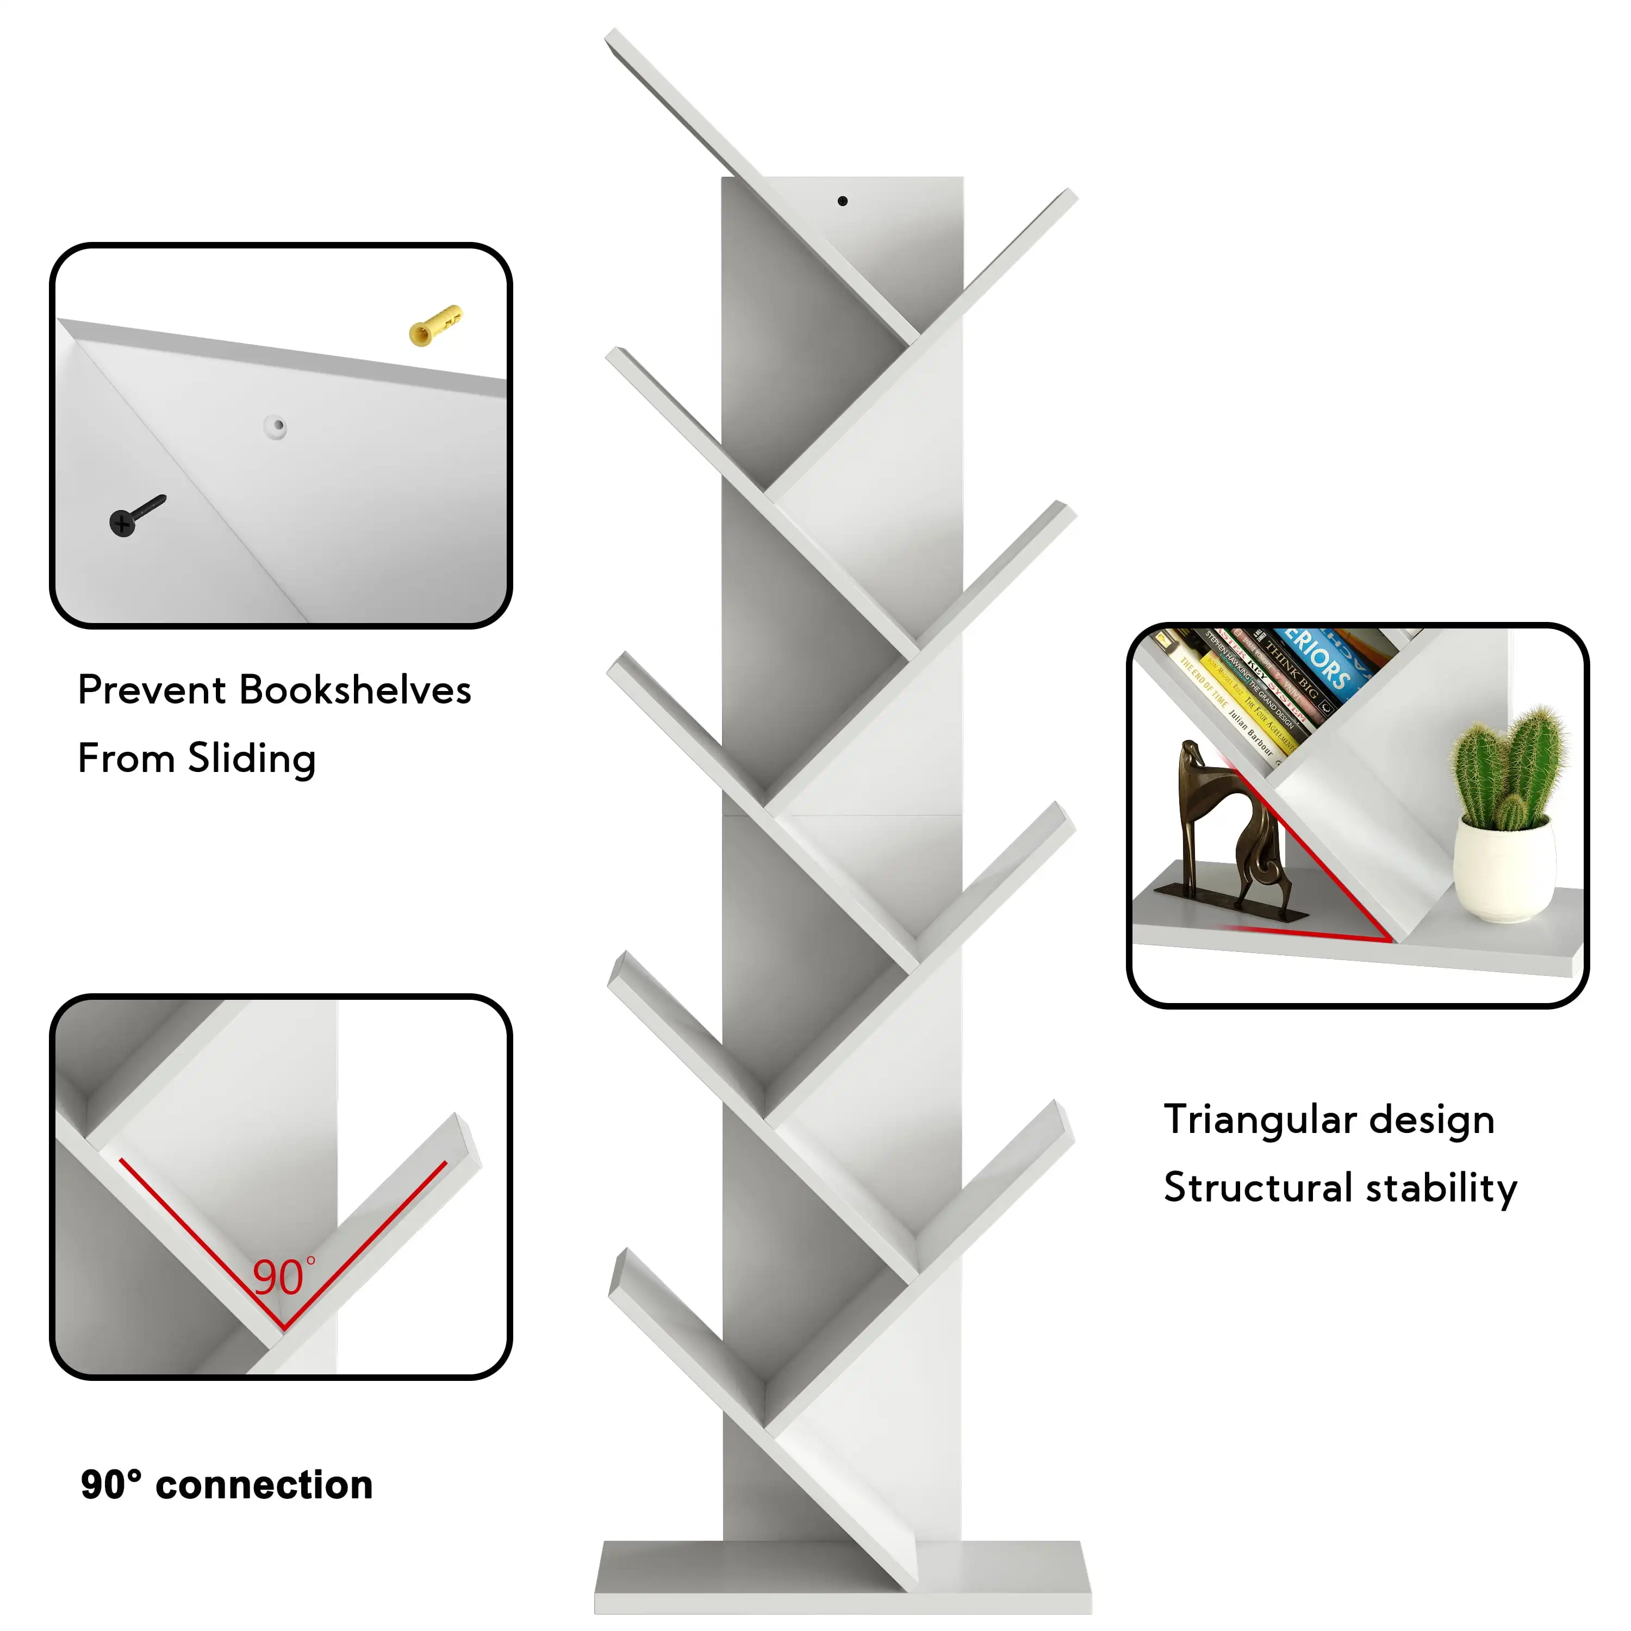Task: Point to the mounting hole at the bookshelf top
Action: (843, 201)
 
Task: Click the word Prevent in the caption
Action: (153, 690)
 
